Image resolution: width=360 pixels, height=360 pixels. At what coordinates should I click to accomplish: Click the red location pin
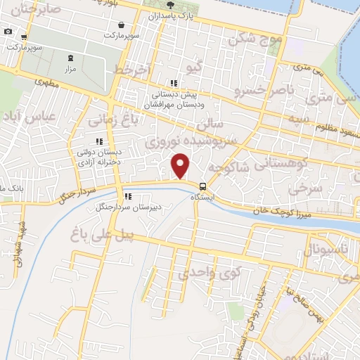pos(181,165)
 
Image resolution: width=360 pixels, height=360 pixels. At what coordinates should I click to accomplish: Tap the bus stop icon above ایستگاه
pos(203,186)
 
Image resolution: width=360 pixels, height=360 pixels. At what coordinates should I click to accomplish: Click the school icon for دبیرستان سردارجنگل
pos(128,197)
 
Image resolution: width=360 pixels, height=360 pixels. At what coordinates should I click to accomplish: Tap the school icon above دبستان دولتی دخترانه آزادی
pos(99,142)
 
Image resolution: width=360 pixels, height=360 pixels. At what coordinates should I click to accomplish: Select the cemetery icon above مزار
pos(69,59)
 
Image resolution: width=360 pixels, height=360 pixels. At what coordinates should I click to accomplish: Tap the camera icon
pos(8,32)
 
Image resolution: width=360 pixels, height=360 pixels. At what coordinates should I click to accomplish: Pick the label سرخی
pos(300,188)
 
